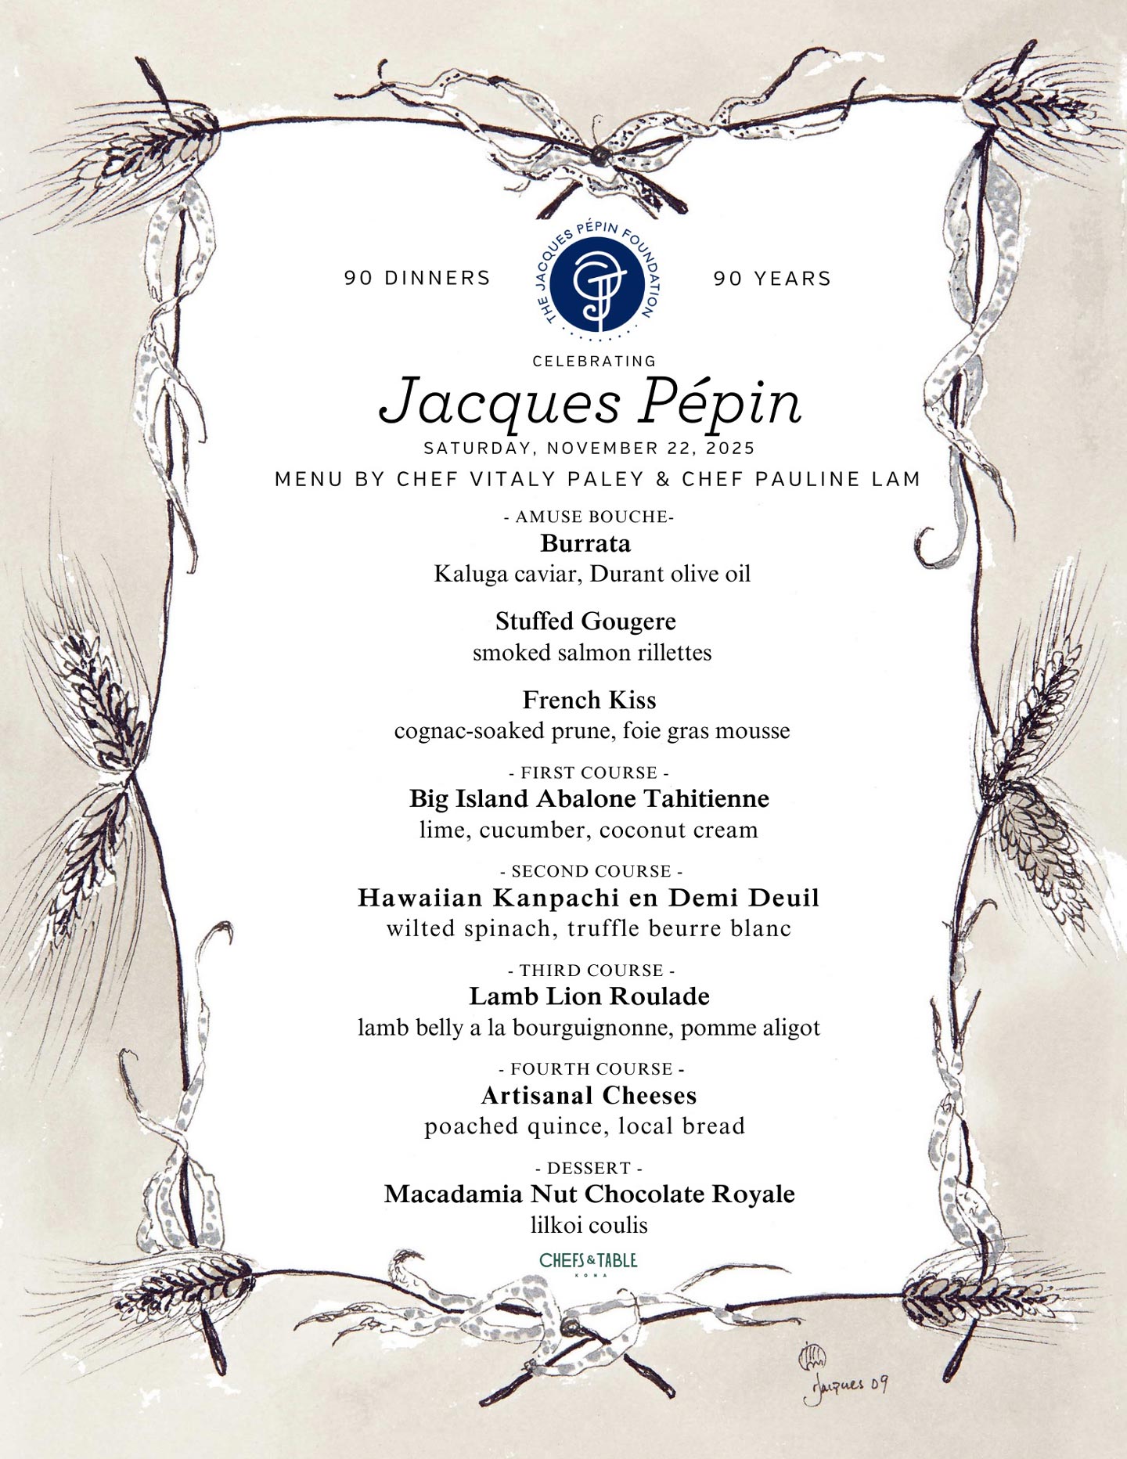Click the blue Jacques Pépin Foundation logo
point(597,280)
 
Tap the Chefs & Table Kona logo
point(589,1261)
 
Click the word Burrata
point(585,543)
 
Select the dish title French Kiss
point(589,700)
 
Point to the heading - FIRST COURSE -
point(589,773)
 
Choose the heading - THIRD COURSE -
point(591,971)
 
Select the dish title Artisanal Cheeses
point(589,1095)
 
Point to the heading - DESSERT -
point(589,1168)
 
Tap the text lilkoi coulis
point(589,1225)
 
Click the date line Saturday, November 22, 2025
point(589,449)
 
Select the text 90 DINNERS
point(417,278)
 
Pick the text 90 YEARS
point(772,278)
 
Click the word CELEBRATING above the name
point(594,361)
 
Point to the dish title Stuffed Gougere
point(585,621)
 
